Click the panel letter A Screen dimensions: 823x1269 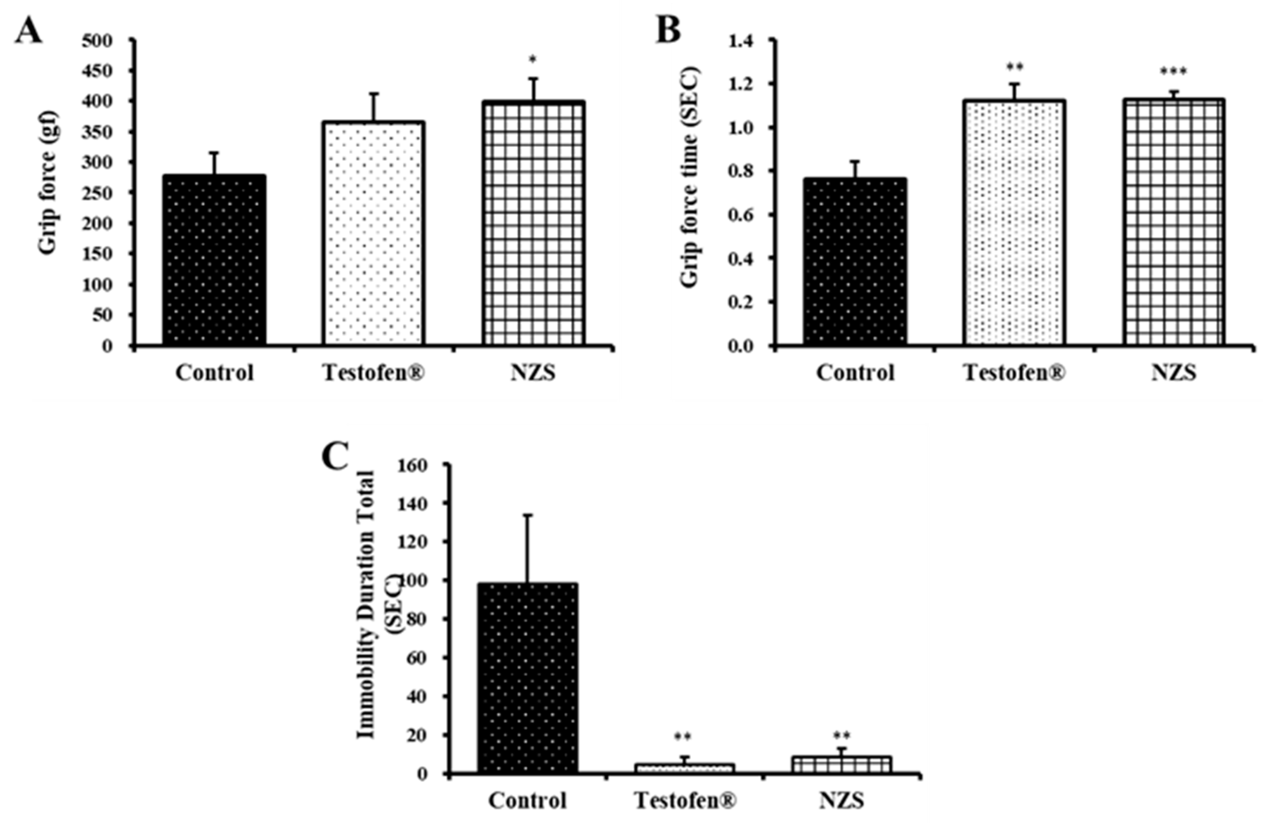click(28, 31)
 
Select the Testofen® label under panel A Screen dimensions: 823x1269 click(374, 373)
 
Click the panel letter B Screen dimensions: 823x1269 click(668, 31)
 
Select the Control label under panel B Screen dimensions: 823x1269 click(855, 373)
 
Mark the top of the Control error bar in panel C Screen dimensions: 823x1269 click(527, 515)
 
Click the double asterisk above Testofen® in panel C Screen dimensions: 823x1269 click(683, 738)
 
